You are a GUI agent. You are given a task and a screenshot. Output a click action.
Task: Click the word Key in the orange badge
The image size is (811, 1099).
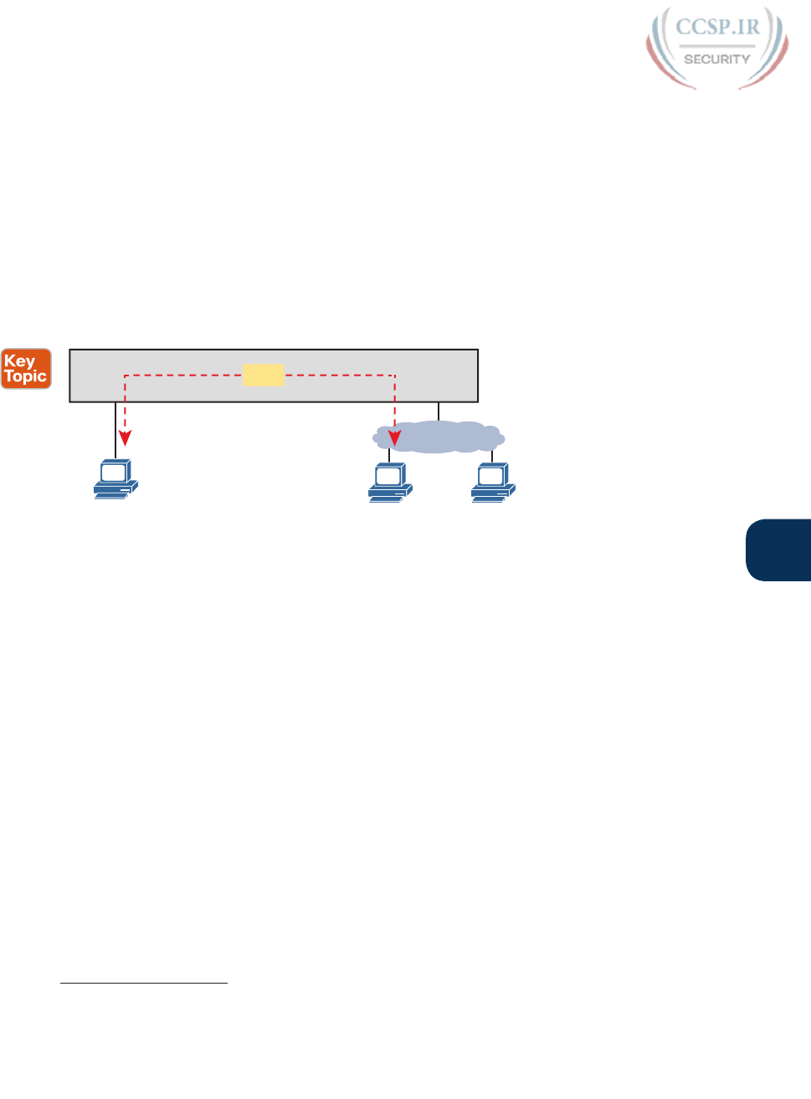[x=19, y=361]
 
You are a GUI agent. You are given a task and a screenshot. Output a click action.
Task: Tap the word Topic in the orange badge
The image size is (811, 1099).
[x=26, y=376]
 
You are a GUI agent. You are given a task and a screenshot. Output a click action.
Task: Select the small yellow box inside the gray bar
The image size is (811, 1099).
[x=263, y=375]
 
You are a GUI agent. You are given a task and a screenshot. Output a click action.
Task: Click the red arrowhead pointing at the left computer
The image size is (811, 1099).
[x=125, y=437]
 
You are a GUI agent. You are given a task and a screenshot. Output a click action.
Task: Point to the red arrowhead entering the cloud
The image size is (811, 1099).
[x=395, y=437]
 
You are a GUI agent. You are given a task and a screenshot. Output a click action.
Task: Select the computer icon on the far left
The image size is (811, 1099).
[x=115, y=479]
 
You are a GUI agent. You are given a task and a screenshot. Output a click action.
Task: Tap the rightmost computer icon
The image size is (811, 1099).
[x=492, y=483]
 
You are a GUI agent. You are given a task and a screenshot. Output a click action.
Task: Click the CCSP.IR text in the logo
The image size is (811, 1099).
[x=717, y=27]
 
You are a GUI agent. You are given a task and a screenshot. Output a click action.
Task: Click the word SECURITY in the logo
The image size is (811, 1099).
[x=716, y=59]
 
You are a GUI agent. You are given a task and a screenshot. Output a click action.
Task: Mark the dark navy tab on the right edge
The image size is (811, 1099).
[x=779, y=549]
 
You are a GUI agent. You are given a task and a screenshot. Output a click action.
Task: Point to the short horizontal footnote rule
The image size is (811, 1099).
[x=144, y=984]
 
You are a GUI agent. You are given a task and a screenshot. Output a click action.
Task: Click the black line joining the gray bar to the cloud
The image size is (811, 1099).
[x=439, y=411]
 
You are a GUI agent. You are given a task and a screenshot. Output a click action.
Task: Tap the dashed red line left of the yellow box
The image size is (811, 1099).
[x=184, y=376]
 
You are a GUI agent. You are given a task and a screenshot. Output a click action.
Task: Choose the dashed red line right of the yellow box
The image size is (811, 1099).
[x=339, y=376]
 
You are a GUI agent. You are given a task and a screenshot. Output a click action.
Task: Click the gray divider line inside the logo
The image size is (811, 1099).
[x=716, y=46]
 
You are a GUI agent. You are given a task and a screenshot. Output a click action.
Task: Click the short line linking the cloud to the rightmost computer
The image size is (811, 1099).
[x=492, y=456]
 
